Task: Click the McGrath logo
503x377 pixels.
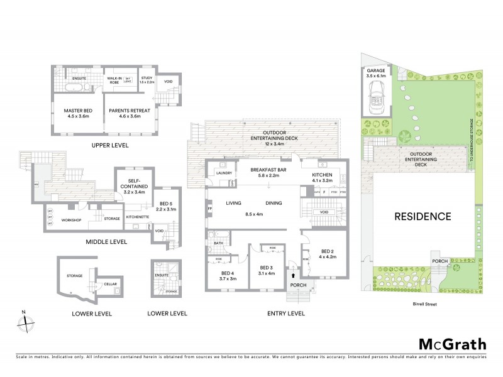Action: coord(452,344)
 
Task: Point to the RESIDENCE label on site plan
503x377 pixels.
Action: coord(423,217)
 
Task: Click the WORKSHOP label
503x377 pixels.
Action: coord(72,220)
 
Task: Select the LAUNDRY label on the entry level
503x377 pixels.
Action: coord(224,173)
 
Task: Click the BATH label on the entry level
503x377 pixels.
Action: coord(219,243)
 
